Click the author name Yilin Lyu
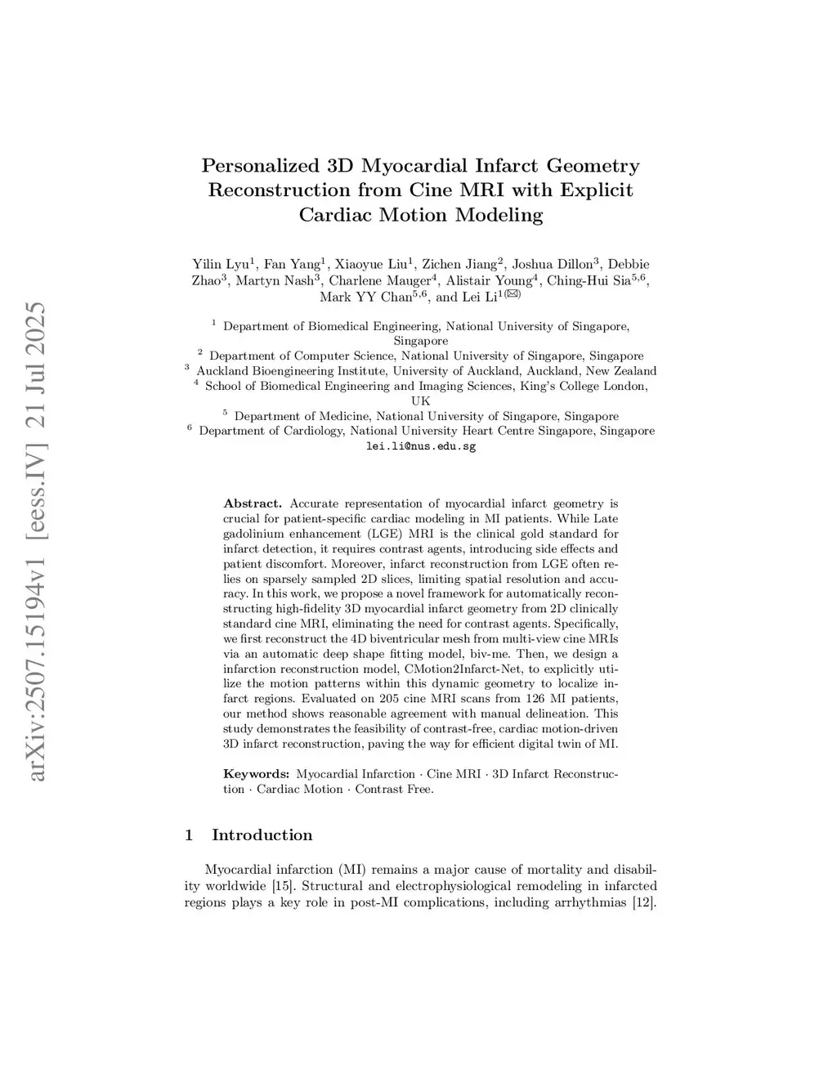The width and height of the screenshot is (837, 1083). click(221, 264)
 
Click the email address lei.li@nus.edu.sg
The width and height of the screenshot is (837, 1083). click(420, 446)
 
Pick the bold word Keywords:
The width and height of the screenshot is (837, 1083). click(257, 774)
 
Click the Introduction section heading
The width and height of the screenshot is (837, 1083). click(262, 835)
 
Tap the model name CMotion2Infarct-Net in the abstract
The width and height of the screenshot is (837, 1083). click(458, 669)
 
